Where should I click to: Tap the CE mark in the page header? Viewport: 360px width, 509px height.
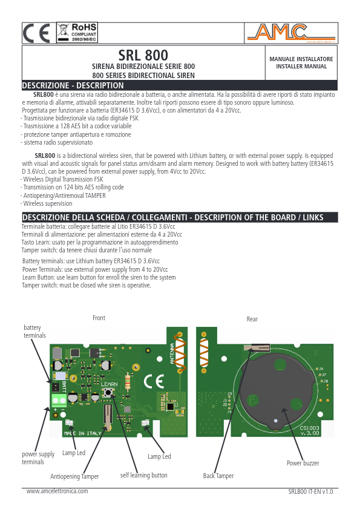(37, 33)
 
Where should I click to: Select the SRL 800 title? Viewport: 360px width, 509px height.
(143, 56)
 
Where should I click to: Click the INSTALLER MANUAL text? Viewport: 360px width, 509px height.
(301, 66)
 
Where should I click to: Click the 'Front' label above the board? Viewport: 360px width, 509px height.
(99, 318)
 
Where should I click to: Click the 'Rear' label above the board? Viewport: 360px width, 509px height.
(252, 319)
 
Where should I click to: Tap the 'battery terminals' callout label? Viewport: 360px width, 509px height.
(34, 331)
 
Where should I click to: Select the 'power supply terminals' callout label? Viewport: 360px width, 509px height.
(38, 458)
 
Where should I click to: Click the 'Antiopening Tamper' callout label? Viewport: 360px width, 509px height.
(74, 476)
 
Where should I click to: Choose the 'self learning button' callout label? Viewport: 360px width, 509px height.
(143, 475)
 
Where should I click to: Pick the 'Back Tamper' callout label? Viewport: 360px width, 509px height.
(218, 476)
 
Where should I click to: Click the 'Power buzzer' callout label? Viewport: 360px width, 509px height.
(303, 463)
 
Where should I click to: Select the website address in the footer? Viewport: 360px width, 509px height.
(57, 491)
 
